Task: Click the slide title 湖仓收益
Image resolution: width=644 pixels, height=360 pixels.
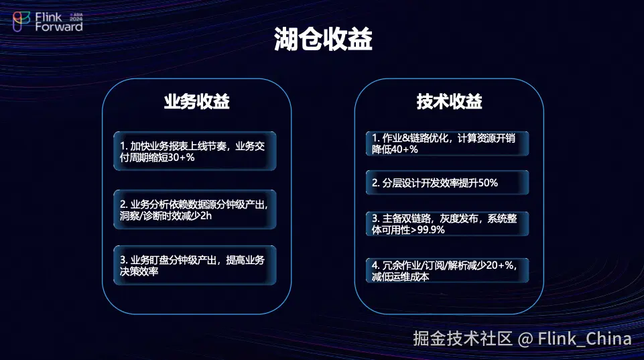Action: pyautogui.click(x=323, y=39)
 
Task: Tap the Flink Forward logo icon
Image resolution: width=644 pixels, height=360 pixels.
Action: pyautogui.click(x=21, y=21)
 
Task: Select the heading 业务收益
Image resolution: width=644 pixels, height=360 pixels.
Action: pyautogui.click(x=197, y=101)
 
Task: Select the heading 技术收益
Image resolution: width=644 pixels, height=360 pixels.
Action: pyautogui.click(x=449, y=101)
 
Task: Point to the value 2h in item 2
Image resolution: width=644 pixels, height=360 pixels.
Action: pyautogui.click(x=206, y=216)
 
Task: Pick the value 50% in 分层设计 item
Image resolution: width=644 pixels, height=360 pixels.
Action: pyautogui.click(x=488, y=183)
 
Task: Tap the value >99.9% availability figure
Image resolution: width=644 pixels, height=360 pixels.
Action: pyautogui.click(x=428, y=230)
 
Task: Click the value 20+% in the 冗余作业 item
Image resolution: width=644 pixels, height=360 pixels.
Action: pyautogui.click(x=500, y=265)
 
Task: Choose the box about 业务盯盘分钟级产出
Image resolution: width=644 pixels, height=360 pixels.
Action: pyautogui.click(x=195, y=265)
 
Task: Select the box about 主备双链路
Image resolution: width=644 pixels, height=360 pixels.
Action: pyautogui.click(x=447, y=224)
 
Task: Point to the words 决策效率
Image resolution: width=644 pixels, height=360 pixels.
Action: pyautogui.click(x=139, y=272)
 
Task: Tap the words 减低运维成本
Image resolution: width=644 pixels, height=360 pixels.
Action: pyautogui.click(x=401, y=277)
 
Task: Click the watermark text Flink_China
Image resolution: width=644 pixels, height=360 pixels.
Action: pyautogui.click(x=584, y=339)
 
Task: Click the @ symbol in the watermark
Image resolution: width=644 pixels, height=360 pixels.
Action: pyautogui.click(x=525, y=339)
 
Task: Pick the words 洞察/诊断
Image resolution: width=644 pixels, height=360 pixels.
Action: pyautogui.click(x=142, y=216)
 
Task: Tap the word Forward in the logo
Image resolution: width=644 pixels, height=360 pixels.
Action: pyautogui.click(x=59, y=27)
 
